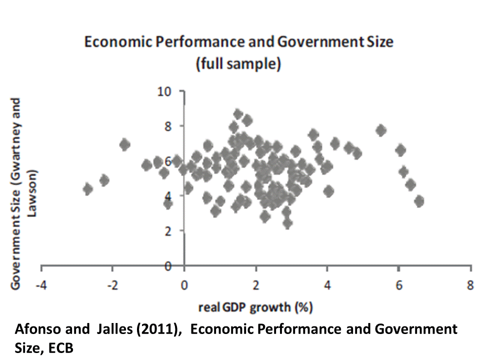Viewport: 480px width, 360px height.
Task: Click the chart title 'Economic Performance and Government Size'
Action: click(x=239, y=42)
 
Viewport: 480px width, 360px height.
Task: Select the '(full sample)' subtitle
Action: click(x=239, y=63)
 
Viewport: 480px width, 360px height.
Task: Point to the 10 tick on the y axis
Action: click(x=165, y=91)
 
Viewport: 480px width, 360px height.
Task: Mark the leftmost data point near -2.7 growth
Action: click(x=88, y=189)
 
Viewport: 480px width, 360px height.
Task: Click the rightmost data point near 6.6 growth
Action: click(x=419, y=201)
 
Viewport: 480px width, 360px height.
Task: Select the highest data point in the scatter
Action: click(x=238, y=114)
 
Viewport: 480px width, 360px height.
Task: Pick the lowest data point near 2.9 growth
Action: click(x=287, y=222)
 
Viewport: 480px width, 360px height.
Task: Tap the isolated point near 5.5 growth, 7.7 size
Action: click(x=381, y=130)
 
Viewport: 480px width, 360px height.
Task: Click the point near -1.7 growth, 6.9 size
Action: click(x=124, y=145)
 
